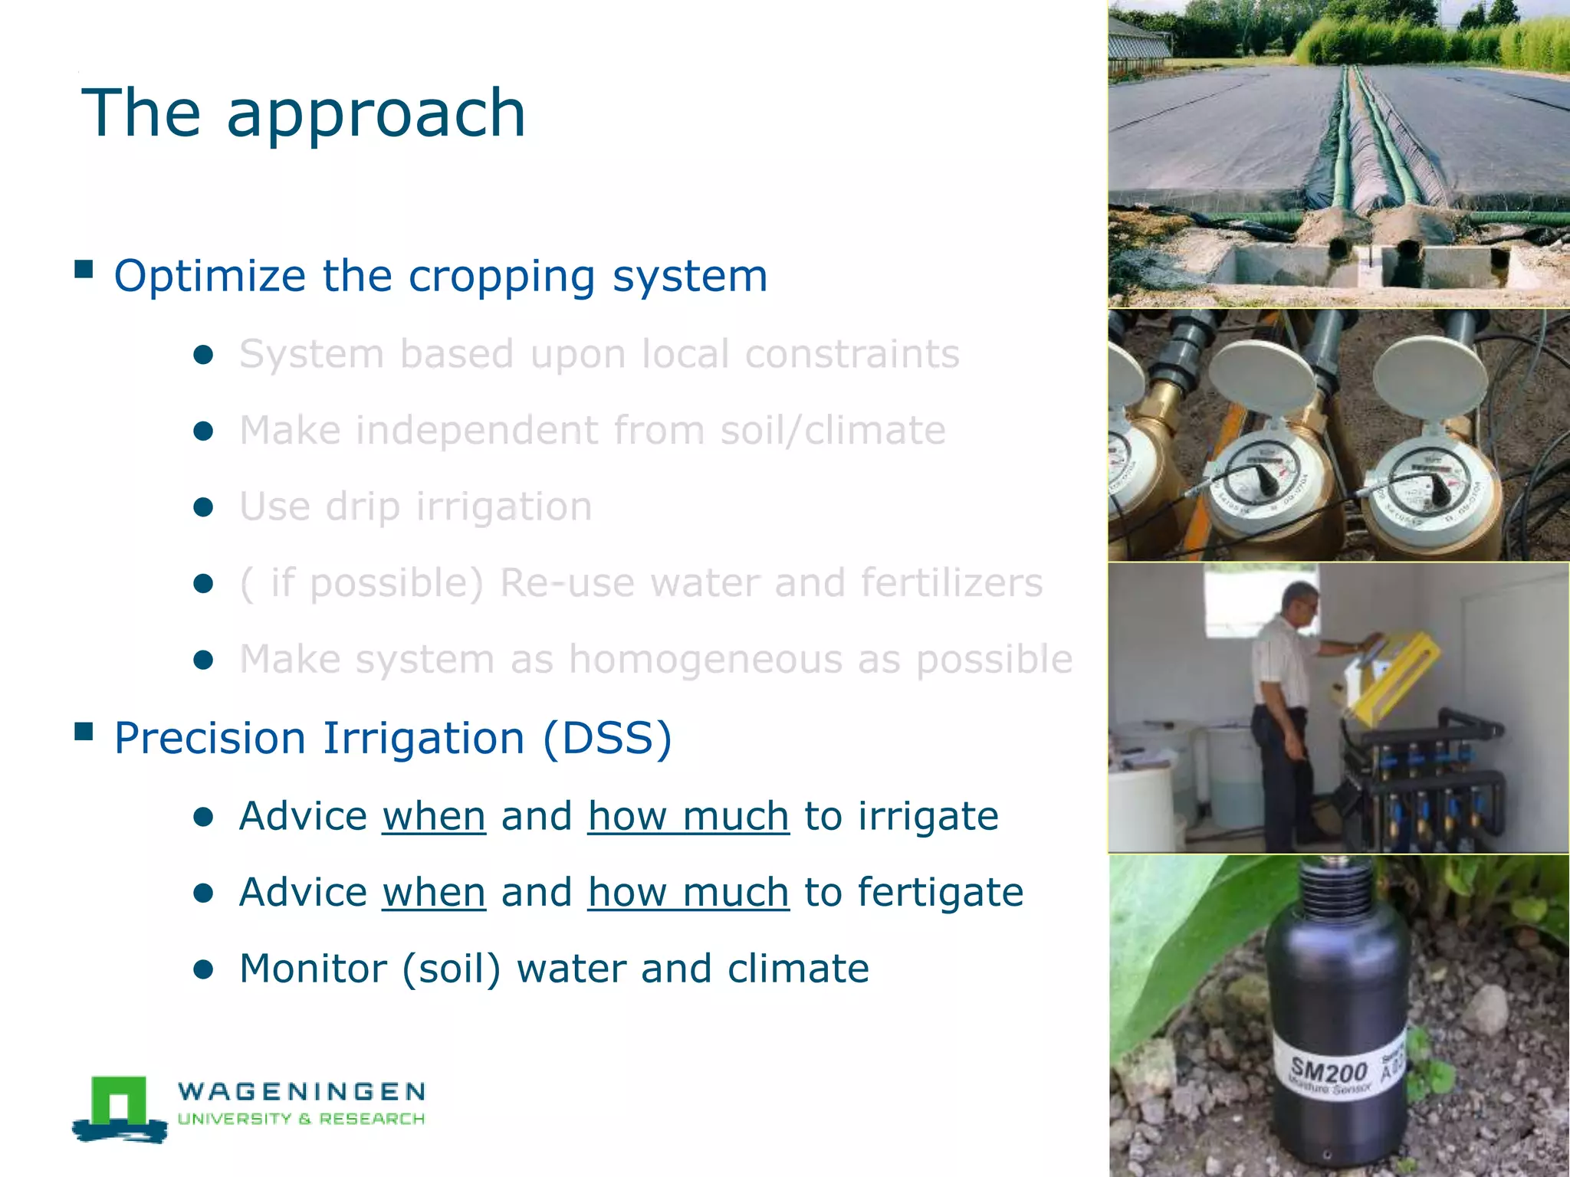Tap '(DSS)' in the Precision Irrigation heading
point(607,738)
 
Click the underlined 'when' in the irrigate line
point(434,816)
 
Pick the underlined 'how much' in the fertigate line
point(688,893)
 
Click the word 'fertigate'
point(940,893)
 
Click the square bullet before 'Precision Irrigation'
point(84,733)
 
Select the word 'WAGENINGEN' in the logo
point(301,1091)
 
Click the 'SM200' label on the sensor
point(1329,1070)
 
